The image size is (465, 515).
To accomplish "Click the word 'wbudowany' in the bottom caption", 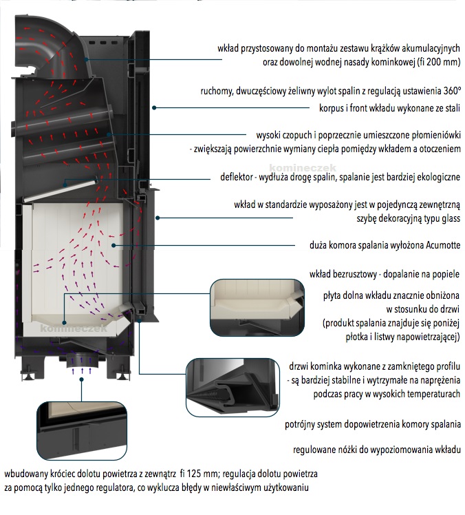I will (25, 474).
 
